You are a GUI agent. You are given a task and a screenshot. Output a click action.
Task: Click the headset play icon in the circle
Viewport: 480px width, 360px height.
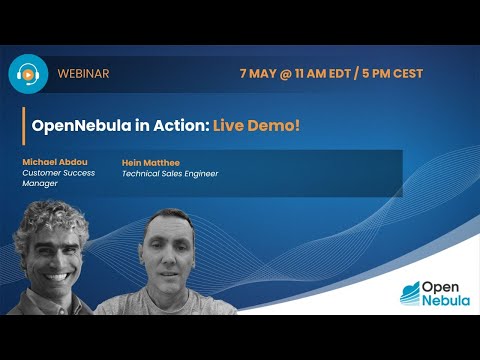(x=28, y=73)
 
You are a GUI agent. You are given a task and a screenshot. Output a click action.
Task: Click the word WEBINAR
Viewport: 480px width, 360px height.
(x=84, y=74)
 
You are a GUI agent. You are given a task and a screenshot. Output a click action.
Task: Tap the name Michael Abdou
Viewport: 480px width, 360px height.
(x=56, y=161)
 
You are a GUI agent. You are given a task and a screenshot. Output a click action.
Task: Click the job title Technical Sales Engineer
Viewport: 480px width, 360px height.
(x=169, y=173)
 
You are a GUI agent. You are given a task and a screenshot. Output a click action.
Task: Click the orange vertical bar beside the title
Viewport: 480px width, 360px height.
(x=23, y=127)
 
